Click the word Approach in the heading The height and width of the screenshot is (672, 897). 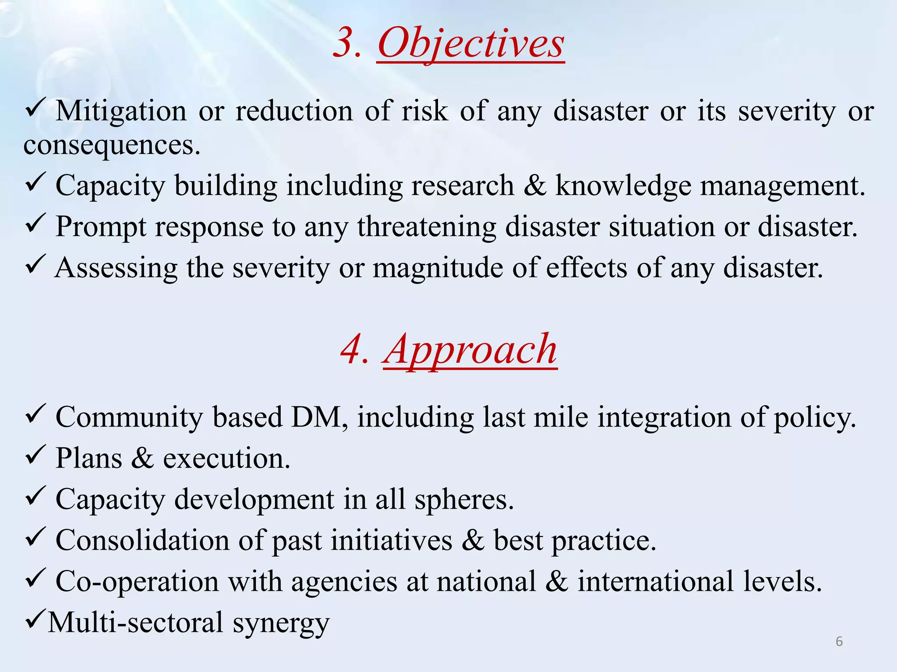click(x=470, y=350)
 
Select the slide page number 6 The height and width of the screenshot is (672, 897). click(x=839, y=641)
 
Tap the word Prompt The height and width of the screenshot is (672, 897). click(x=101, y=227)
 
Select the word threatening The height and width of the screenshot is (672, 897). click(x=427, y=227)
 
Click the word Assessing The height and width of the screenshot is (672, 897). click(x=116, y=268)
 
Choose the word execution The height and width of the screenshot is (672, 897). click(x=226, y=458)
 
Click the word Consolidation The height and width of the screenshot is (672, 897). click(x=142, y=540)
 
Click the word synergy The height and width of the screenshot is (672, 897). click(x=281, y=623)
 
